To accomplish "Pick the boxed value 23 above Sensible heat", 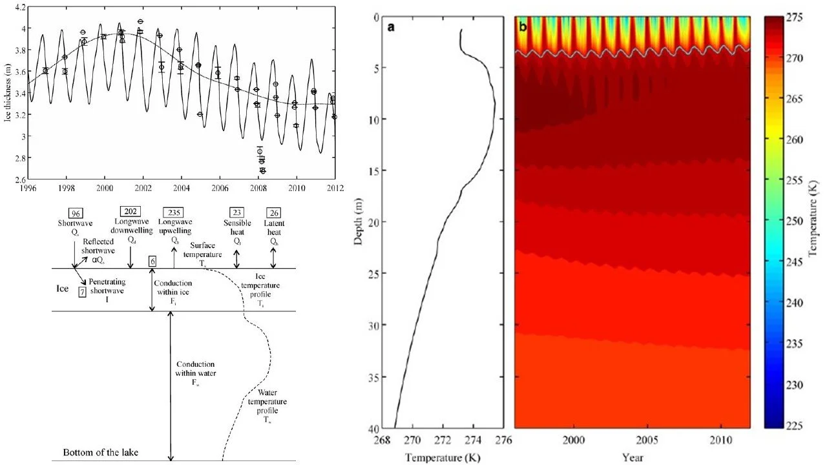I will point(236,212).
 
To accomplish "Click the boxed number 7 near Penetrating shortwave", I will point(82,292).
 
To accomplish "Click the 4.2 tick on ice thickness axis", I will point(21,7).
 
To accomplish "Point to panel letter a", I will point(390,28).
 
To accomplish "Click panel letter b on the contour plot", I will point(523,28).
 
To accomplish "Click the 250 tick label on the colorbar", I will point(801,221).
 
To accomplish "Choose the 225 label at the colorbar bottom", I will point(801,426).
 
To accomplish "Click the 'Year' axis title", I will point(632,457).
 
